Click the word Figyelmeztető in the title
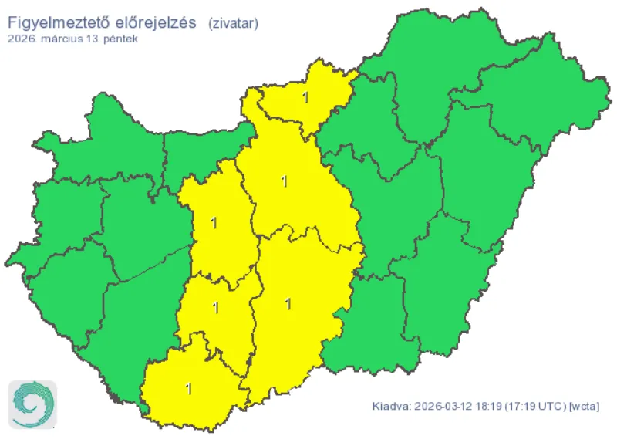click(56, 22)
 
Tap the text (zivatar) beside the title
click(233, 23)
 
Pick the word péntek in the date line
click(121, 39)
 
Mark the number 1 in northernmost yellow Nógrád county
click(306, 98)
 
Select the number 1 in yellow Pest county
click(285, 181)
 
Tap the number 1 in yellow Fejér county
click(214, 224)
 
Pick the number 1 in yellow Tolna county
click(216, 309)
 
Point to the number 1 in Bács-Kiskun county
click(288, 304)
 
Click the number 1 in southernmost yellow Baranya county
click(190, 388)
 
